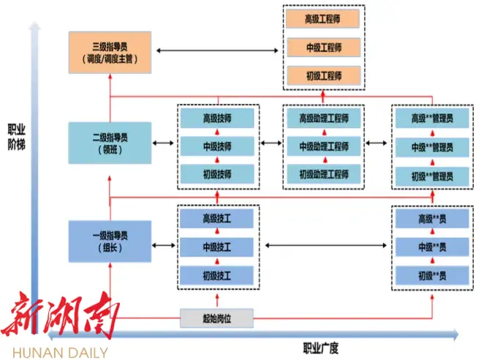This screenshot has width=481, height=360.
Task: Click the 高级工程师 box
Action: pyautogui.click(x=323, y=20)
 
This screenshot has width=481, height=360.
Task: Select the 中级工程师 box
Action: pyautogui.click(x=323, y=48)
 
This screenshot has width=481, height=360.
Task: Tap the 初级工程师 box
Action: pyautogui.click(x=323, y=75)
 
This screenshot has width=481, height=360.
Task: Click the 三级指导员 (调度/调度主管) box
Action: pyautogui.click(x=110, y=51)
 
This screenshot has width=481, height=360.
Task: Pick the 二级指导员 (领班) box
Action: pyautogui.click(x=110, y=142)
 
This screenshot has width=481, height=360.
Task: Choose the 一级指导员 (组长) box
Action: pyautogui.click(x=110, y=241)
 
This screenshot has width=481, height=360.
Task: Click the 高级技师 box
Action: pyautogui.click(x=217, y=117)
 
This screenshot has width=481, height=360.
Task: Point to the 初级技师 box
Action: pyautogui.click(x=217, y=174)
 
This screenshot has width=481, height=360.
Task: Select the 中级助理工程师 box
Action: pyautogui.click(x=323, y=146)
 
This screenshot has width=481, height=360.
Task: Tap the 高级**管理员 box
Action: pyautogui.click(x=431, y=117)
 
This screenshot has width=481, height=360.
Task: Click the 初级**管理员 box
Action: pyautogui.click(x=431, y=176)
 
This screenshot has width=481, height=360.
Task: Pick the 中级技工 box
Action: pyautogui.click(x=217, y=247)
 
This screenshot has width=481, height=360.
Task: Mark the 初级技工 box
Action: pyautogui.click(x=217, y=276)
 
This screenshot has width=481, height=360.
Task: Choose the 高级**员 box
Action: pyautogui.click(x=431, y=218)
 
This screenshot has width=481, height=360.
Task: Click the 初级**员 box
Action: pyautogui.click(x=431, y=276)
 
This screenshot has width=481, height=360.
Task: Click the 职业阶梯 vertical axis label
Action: pyautogui.click(x=16, y=135)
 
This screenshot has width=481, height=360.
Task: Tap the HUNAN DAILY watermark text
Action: pyautogui.click(x=55, y=352)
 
